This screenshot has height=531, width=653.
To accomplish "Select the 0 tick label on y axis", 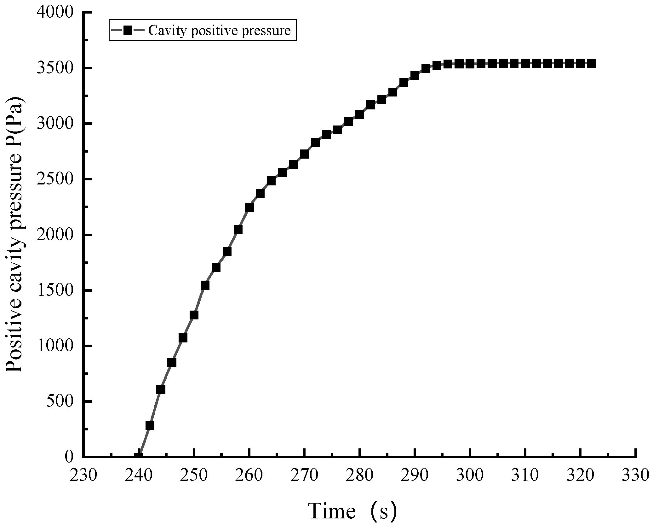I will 69,457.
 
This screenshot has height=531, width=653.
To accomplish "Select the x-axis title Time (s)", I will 352,511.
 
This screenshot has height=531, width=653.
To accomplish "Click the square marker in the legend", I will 128,30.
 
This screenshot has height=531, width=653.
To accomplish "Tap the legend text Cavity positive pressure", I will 219,31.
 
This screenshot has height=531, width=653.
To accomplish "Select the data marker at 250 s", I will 194,315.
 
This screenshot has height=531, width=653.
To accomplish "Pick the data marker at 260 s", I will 249,207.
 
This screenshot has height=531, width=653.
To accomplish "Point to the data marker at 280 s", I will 359,114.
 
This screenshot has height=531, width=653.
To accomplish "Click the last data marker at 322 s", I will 591,63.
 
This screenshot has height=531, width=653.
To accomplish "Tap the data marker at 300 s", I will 470,64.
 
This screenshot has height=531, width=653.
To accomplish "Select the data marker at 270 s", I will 304,154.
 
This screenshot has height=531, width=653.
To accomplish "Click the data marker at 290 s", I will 415,76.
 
